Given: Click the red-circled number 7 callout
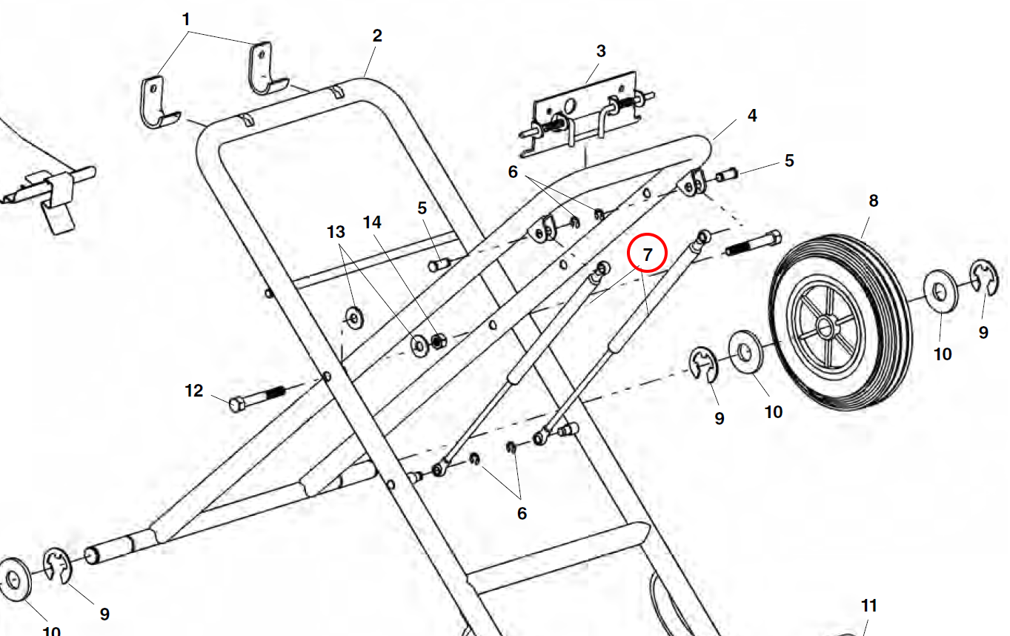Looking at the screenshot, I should click(648, 254).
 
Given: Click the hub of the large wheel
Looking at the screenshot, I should click(824, 324).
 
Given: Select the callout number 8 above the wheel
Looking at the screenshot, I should click(874, 200).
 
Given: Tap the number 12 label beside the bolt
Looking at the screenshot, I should click(193, 391).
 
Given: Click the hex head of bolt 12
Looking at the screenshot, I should click(238, 405).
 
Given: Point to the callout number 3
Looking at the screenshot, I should click(601, 51).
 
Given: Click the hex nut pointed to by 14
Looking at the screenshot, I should click(437, 341).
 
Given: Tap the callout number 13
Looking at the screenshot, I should click(336, 231).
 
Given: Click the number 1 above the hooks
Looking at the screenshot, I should click(187, 19).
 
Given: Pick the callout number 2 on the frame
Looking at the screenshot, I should click(377, 36).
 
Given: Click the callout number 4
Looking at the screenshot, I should click(752, 116).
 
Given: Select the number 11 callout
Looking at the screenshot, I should click(868, 606).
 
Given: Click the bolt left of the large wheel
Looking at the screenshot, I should click(752, 243).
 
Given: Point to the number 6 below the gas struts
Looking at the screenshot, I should click(522, 513).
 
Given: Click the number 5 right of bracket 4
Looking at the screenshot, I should click(789, 160).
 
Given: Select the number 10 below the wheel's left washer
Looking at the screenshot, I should click(773, 411).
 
